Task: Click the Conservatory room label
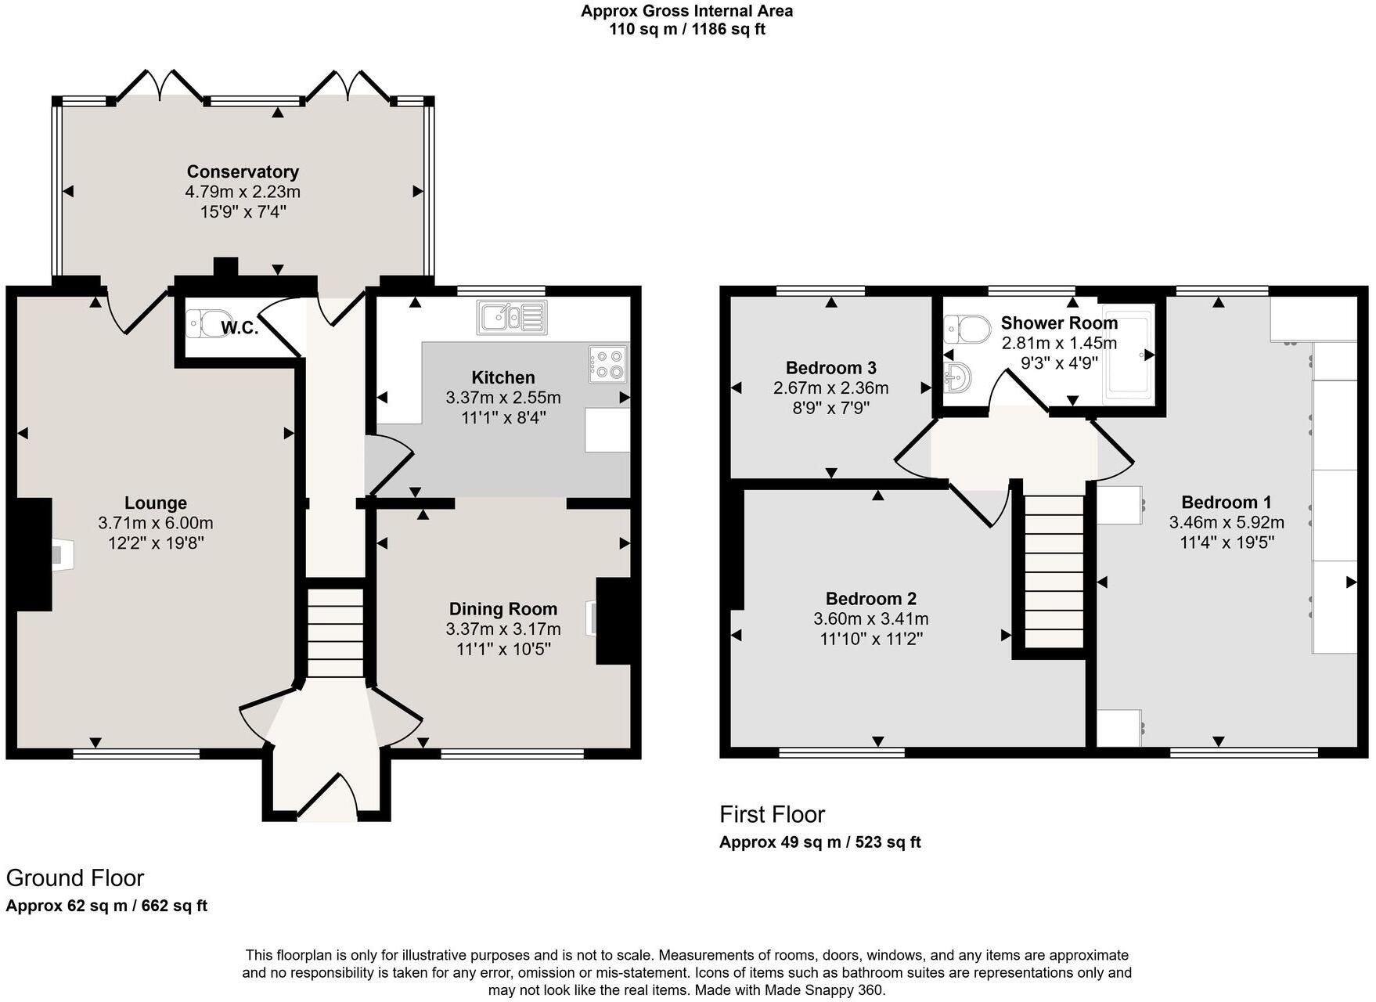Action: (243, 171)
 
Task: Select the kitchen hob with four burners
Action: (608, 365)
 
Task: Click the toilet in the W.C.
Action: (202, 323)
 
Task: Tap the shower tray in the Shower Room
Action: (1128, 357)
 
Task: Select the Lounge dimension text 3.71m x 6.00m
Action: (156, 523)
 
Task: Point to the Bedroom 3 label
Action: (830, 368)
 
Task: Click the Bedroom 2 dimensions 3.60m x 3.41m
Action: (870, 619)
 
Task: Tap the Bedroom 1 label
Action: (1226, 502)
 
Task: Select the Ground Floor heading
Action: (75, 878)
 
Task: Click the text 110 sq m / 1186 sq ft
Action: (686, 30)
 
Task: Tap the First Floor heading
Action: (772, 814)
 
